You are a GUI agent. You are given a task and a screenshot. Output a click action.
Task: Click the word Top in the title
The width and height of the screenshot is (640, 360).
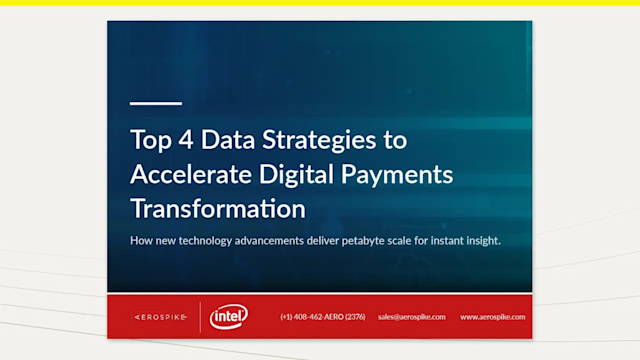[149, 140]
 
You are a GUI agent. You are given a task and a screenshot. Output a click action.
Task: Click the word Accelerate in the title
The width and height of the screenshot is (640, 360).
[190, 175]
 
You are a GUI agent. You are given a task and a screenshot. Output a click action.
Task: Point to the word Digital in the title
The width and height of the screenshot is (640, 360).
[299, 175]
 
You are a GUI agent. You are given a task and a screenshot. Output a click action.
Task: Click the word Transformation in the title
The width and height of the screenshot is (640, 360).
[217, 209]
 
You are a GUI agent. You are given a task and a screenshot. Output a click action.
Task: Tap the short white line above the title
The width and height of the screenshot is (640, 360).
[156, 103]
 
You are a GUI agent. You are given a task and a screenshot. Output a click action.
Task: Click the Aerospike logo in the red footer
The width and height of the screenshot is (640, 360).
[159, 317]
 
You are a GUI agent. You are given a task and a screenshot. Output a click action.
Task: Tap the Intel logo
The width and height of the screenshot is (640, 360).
[230, 317]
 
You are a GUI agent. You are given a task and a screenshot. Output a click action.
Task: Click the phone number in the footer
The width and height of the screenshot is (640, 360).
[323, 317]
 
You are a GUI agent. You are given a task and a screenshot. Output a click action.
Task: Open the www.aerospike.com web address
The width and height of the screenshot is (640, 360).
[492, 317]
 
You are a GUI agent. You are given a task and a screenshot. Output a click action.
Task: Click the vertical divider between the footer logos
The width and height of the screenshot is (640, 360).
[200, 317]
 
